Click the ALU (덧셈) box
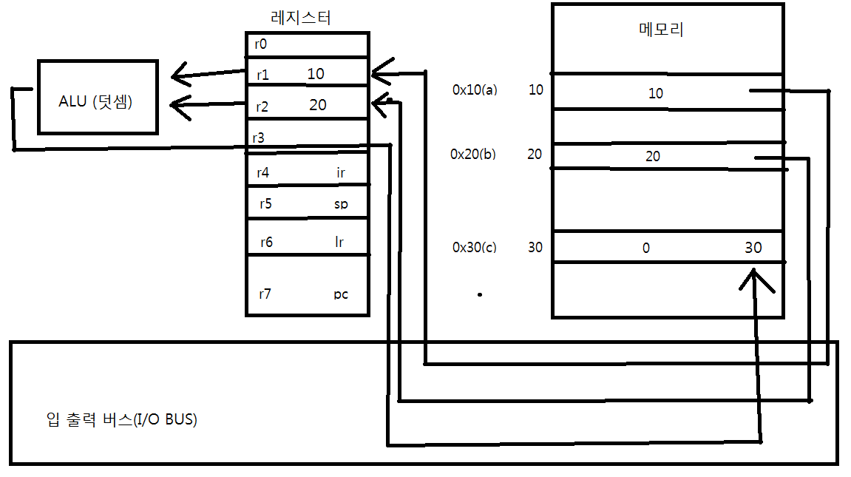click(97, 97)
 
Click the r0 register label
click(260, 44)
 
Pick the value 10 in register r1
click(315, 74)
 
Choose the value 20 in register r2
click(318, 105)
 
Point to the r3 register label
click(259, 138)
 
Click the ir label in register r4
click(341, 173)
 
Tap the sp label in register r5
click(341, 204)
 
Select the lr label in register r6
click(340, 242)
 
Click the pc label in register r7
click(340, 294)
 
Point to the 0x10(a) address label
click(475, 90)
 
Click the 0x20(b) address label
click(473, 155)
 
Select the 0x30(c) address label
click(474, 247)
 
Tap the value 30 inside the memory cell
click(753, 248)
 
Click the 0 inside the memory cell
click(646, 248)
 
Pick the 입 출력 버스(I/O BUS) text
click(121, 420)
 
